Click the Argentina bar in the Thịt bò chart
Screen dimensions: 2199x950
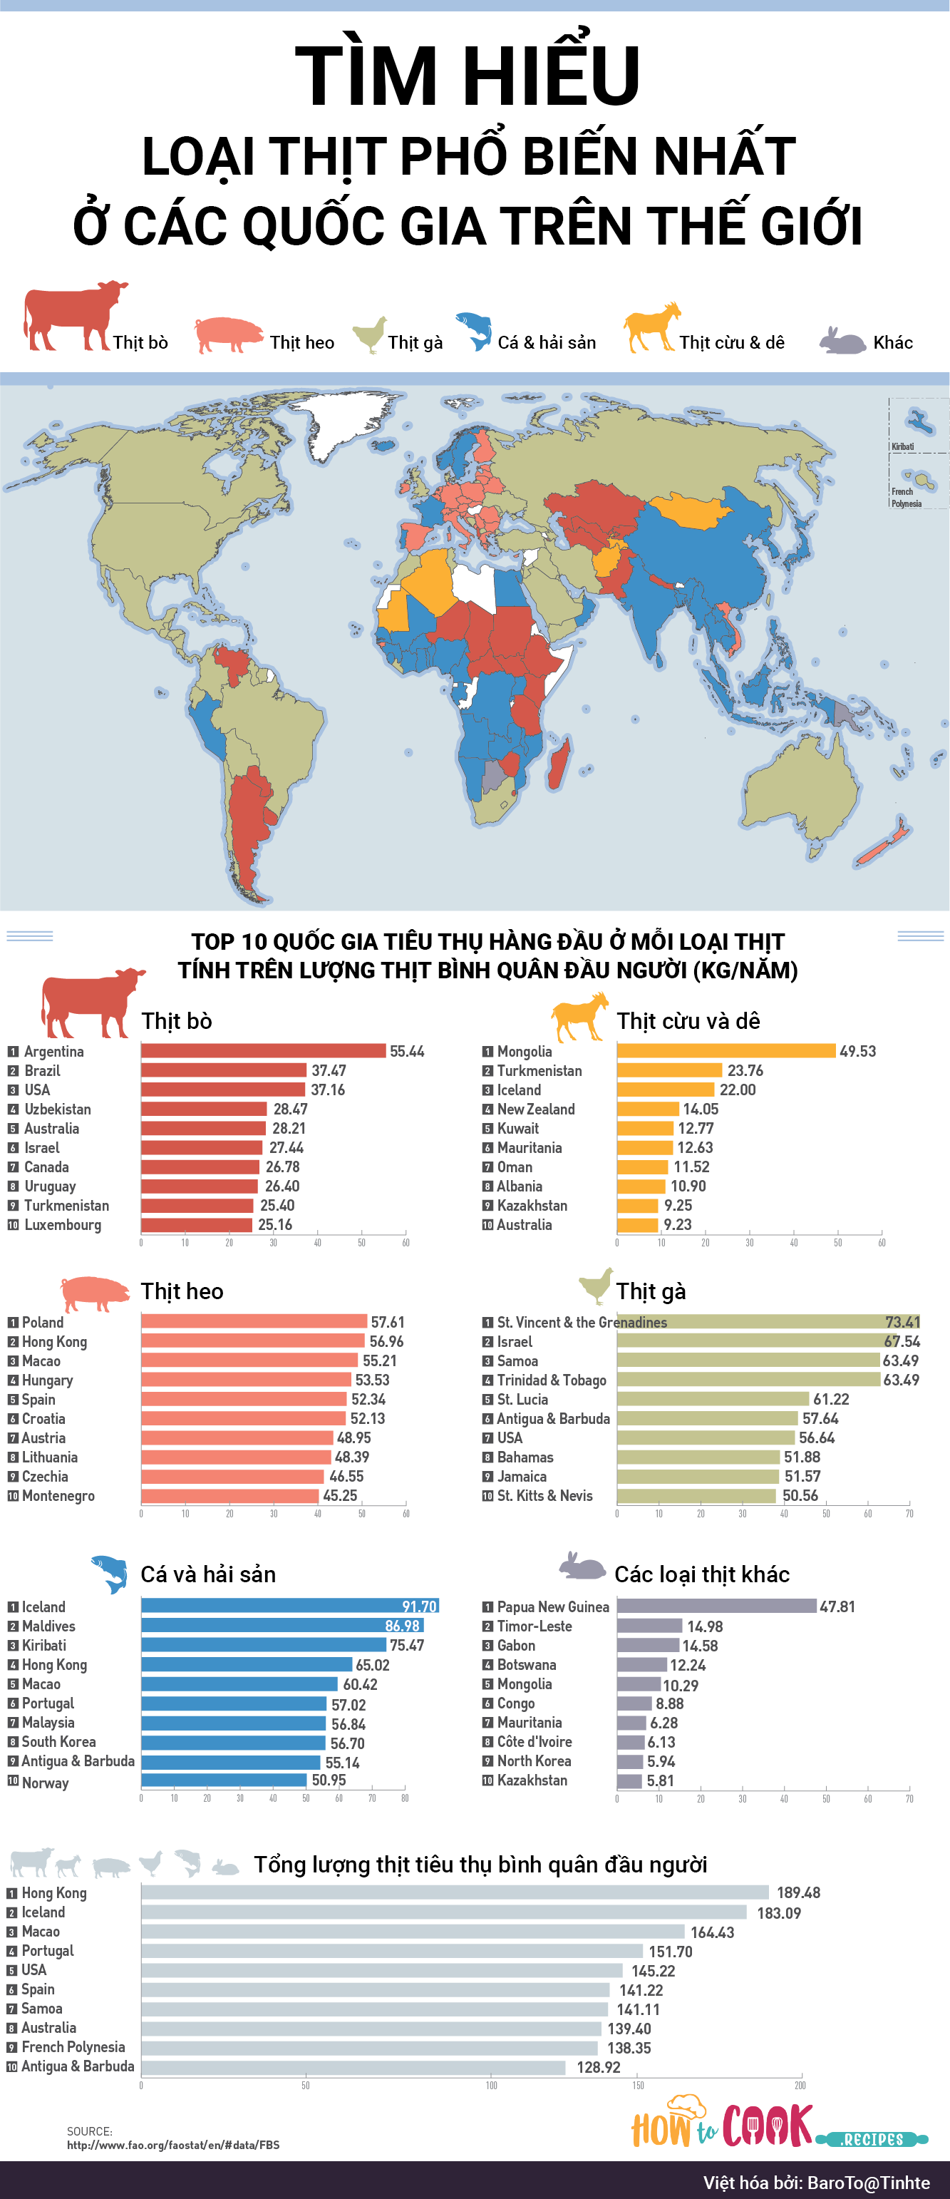[263, 1051]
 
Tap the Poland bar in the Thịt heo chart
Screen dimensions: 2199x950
[254, 1321]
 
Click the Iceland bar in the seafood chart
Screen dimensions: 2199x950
[289, 1606]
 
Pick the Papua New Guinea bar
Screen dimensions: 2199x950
[716, 1606]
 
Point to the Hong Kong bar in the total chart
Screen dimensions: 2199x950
[454, 1892]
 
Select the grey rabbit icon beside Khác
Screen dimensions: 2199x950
[842, 341]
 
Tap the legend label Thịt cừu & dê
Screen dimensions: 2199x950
[731, 342]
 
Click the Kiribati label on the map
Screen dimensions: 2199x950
[902, 446]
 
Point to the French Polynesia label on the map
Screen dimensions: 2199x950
[906, 497]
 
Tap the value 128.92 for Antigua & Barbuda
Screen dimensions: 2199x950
[599, 2066]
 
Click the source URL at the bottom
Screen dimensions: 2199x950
[173, 2144]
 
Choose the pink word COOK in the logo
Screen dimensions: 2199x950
[768, 2125]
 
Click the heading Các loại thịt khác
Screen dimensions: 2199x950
[701, 1574]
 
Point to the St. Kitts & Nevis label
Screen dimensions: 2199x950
[544, 1495]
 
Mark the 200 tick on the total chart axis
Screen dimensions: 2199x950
[800, 2085]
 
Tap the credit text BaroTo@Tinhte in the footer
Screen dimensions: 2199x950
[868, 2182]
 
